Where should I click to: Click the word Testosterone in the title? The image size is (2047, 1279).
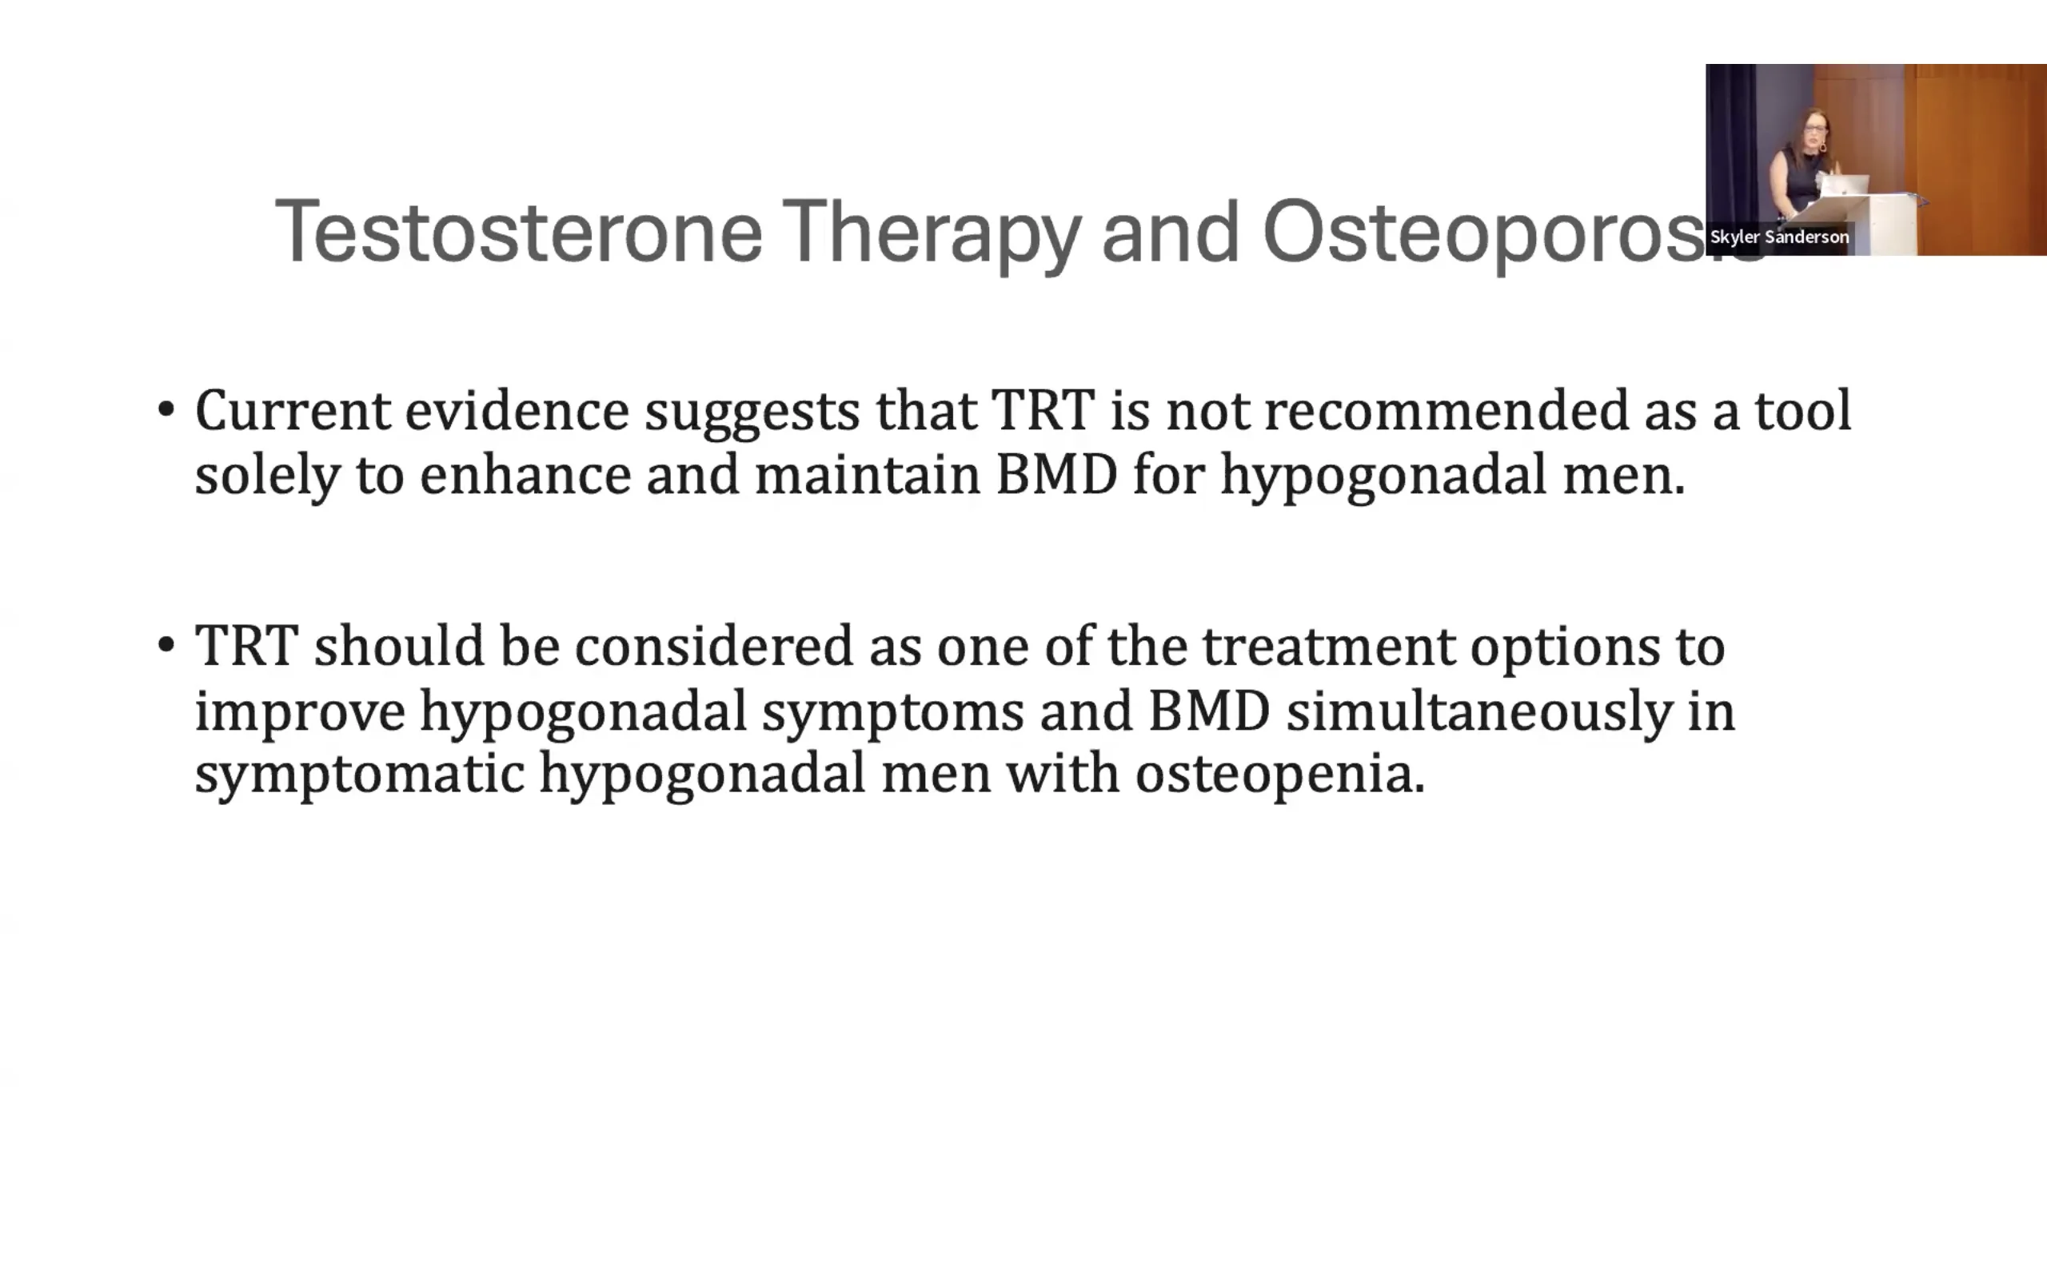[518, 231]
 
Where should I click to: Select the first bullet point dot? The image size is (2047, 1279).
[166, 410]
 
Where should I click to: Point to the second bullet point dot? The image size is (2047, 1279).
[166, 645]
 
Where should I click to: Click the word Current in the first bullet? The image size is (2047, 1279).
[293, 410]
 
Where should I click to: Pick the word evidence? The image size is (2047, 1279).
[516, 410]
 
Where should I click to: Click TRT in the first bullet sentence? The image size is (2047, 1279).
[1043, 410]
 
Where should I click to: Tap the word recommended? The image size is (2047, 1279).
[1446, 410]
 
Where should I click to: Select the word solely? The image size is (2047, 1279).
[267, 476]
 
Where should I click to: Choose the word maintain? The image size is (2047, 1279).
[867, 474]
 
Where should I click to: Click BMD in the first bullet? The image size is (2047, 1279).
[1056, 475]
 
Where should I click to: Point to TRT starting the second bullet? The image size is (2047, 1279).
[246, 645]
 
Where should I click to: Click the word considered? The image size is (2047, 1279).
[713, 645]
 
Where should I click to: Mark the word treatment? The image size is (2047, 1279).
[1329, 645]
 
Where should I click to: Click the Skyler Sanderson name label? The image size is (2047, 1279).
[1779, 237]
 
